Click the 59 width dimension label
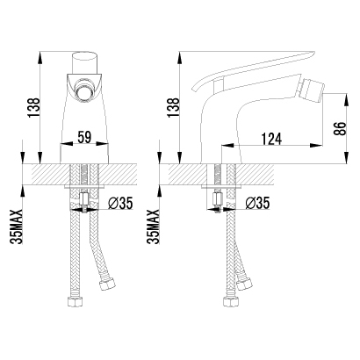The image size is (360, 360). click(x=83, y=137)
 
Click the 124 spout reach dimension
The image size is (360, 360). click(x=271, y=139)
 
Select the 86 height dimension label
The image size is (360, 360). click(x=340, y=128)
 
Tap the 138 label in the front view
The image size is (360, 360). click(x=33, y=107)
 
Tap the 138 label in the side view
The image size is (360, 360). click(x=173, y=107)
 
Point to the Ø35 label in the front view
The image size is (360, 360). click(x=120, y=203)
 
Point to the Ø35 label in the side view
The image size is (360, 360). click(x=257, y=203)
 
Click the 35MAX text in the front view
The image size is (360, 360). click(x=16, y=227)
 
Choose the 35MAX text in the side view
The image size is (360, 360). click(x=154, y=227)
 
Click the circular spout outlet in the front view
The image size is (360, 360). click(x=84, y=90)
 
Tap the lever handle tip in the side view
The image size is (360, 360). click(x=312, y=54)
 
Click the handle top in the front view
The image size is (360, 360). click(x=84, y=55)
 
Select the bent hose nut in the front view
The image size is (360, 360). click(x=108, y=284)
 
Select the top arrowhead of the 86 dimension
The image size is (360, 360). click(x=347, y=99)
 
